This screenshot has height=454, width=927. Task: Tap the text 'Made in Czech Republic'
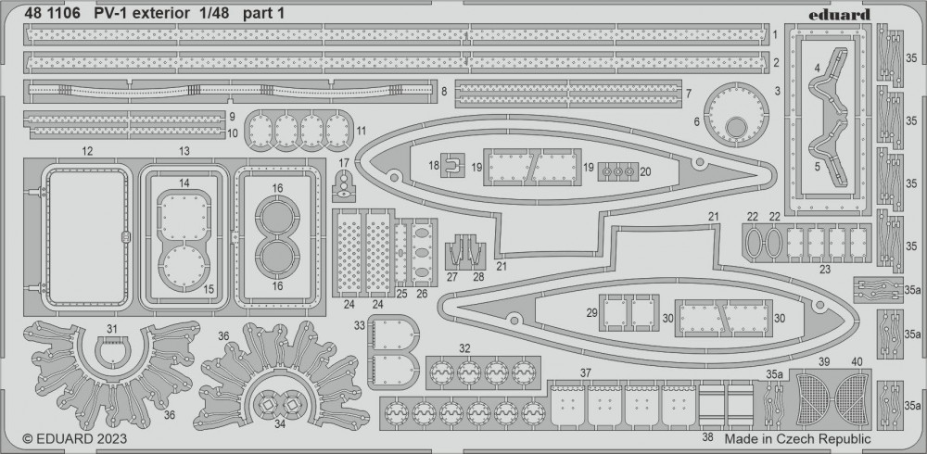point(798,438)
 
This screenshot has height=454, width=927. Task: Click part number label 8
point(445,92)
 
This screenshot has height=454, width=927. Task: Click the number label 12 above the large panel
point(86,150)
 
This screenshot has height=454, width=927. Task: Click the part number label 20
point(646,171)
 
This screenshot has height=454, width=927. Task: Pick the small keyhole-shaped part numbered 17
point(344,185)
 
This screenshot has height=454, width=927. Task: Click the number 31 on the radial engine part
point(112,329)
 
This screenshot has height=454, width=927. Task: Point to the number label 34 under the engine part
point(279,424)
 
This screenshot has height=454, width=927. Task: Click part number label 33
point(359,325)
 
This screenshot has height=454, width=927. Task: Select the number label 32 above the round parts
point(463,348)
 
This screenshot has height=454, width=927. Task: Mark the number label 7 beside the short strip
point(689,93)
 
